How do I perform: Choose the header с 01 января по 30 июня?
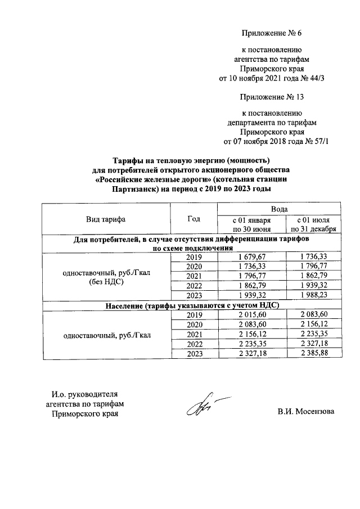[x=251, y=224]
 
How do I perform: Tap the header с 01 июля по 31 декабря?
[x=313, y=224]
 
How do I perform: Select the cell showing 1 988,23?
[x=313, y=295]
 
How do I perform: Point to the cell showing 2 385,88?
[x=313, y=353]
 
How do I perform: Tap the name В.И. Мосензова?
[x=305, y=412]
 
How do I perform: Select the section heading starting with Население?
[x=192, y=305]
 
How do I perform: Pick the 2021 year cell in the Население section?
[x=193, y=334]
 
